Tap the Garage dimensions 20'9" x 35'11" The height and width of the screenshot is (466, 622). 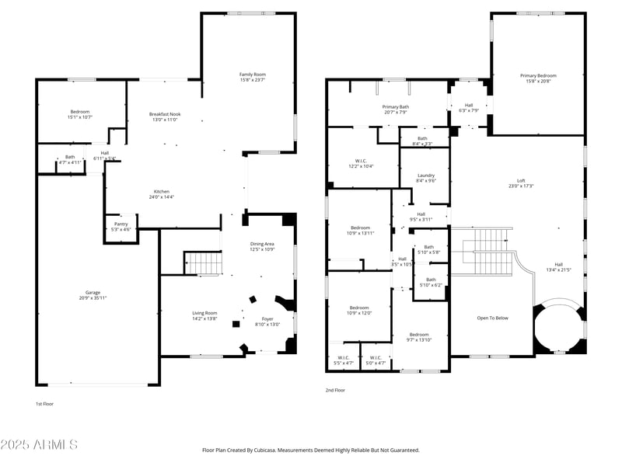pos(93,298)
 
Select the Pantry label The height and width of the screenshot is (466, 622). pos(121,224)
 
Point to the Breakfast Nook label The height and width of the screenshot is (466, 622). pos(164,114)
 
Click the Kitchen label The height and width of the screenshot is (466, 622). pos(162,191)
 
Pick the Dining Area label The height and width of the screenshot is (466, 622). pos(261,244)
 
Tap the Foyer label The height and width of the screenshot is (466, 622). pos(267,318)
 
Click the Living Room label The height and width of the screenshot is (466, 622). pos(204,313)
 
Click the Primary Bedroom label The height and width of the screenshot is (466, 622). pos(538,75)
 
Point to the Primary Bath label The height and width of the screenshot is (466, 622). pos(395,107)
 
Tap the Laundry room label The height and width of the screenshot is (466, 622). pos(425,176)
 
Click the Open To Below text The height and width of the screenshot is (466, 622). pos(493,318)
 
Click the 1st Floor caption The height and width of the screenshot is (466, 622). pos(45,404)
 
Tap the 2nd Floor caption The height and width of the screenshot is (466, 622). pos(335,391)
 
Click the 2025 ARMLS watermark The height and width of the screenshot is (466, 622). pos(39,445)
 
